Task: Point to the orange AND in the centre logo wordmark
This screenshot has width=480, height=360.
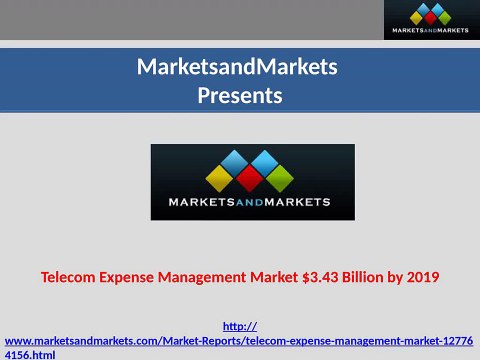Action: click(x=252, y=203)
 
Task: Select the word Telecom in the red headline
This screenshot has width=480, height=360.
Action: click(x=71, y=276)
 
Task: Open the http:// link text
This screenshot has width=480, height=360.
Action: click(x=239, y=326)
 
